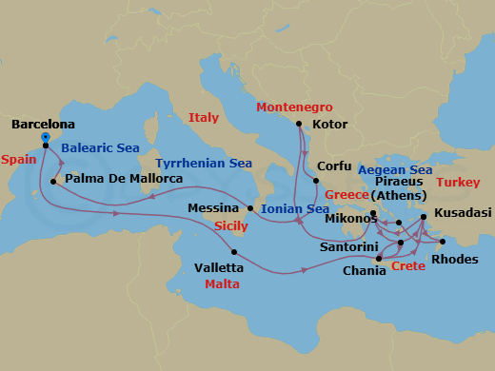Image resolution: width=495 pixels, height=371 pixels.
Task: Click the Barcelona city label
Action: pos(43,125)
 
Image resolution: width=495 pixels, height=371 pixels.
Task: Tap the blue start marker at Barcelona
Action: pos(45,136)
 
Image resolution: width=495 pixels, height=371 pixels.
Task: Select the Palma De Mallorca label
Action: pos(123,179)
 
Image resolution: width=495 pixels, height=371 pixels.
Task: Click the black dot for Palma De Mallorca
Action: pos(54,180)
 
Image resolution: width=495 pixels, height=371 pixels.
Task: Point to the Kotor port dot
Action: pos(299,124)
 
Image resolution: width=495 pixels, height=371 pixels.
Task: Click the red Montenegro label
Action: pos(296,107)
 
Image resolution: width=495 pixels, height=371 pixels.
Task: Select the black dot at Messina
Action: pos(249,207)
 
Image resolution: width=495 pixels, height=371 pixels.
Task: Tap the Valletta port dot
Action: pos(234,252)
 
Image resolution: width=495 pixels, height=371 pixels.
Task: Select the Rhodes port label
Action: pos(449,258)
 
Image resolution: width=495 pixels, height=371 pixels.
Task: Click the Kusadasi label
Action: pos(463,213)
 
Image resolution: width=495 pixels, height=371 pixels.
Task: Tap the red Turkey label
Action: pos(457,182)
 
